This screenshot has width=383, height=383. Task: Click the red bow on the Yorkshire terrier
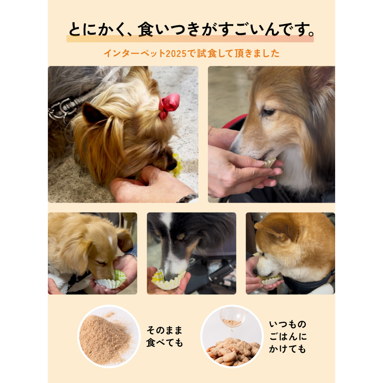point(169,105)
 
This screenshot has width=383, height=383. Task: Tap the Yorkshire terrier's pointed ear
point(94,113)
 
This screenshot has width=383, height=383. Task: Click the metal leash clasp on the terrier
point(61,110)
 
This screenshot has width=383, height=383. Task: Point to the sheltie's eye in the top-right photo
point(268,112)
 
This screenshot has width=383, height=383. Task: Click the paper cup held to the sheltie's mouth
point(270,163)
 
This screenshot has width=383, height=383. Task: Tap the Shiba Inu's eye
point(264,255)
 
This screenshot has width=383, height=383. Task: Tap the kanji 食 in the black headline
point(146,29)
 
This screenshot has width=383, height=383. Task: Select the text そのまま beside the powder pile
point(164,330)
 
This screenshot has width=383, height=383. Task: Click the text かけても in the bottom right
point(288,349)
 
